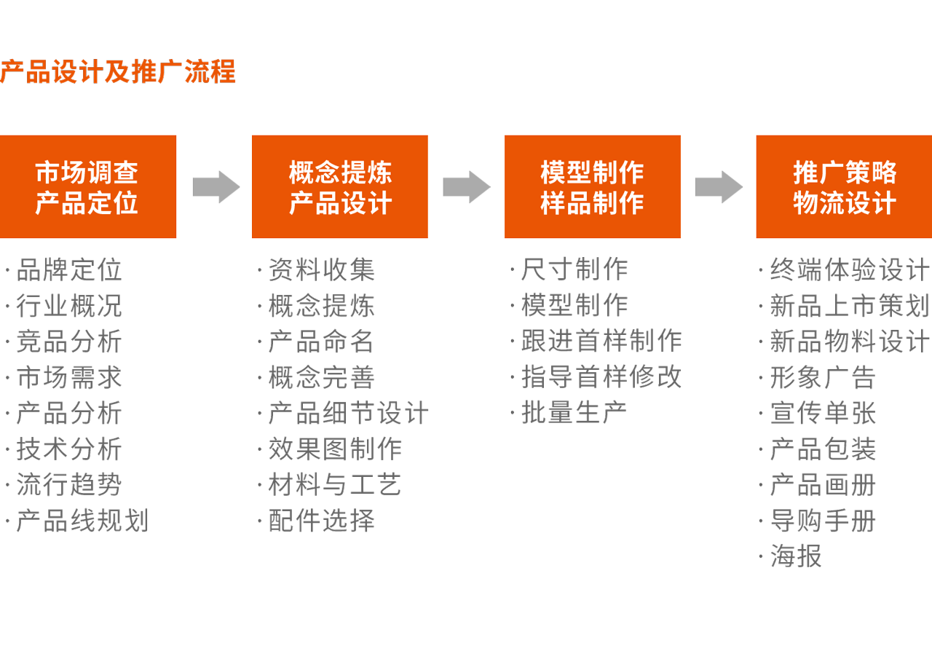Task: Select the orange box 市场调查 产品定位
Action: coord(87,186)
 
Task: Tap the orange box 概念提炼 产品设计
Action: coord(339,186)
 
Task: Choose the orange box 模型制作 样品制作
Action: coord(592,186)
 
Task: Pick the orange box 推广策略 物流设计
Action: coord(844,186)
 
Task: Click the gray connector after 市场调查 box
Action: coord(216,187)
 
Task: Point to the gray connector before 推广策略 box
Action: coord(719,187)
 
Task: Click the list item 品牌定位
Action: coord(69,270)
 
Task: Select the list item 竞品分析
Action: coord(69,342)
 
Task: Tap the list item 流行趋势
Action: coord(69,485)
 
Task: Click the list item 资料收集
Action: coord(321,270)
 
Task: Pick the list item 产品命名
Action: coord(321,342)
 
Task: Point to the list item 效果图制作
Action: coord(335,449)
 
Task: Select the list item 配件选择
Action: coord(321,521)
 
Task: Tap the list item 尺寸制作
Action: coord(574,269)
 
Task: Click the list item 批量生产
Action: coord(574,413)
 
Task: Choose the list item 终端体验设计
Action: coord(849,270)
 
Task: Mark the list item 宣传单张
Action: coord(823,413)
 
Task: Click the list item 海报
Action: coord(796,556)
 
